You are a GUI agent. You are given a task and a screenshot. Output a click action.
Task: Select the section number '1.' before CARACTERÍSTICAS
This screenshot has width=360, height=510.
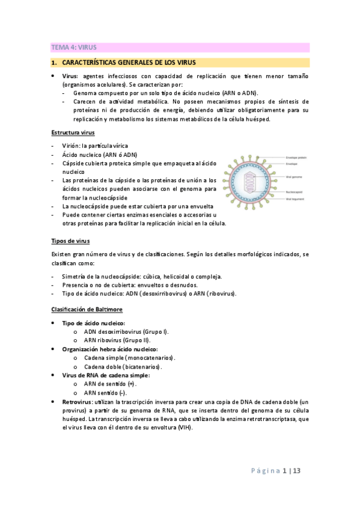click(x=53, y=62)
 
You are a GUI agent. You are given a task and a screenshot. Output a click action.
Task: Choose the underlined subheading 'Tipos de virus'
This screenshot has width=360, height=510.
click(x=70, y=241)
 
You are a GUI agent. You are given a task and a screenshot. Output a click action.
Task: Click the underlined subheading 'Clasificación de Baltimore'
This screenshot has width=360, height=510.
click(x=87, y=309)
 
